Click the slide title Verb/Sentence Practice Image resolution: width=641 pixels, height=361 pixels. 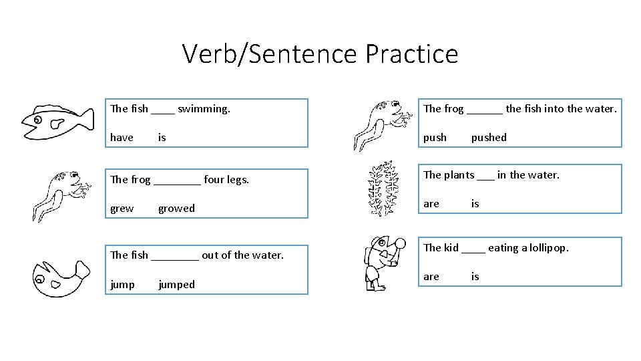320,53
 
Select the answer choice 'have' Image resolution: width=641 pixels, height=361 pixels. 122,138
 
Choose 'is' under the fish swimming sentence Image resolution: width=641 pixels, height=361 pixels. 162,138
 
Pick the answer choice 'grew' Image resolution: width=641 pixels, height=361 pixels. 122,209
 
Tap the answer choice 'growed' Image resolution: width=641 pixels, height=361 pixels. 176,209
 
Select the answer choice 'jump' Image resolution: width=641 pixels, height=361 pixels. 122,285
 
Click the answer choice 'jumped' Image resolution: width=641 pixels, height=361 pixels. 176,285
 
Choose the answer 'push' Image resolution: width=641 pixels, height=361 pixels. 435,138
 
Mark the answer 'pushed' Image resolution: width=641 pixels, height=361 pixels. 489,138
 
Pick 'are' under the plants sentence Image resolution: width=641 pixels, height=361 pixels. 431,203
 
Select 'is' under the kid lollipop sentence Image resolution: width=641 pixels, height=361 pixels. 475,276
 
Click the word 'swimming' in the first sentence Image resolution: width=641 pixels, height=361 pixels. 204,108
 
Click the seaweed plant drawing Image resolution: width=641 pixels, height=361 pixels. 384,189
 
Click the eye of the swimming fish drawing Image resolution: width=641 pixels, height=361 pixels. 37,121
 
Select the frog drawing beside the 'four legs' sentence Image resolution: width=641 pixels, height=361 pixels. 61,194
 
